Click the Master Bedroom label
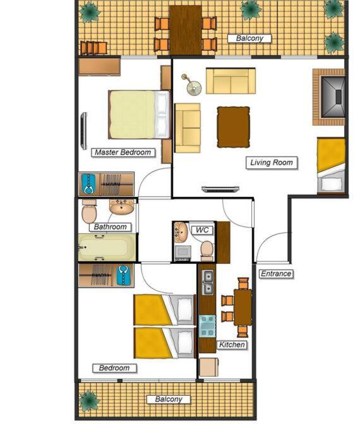tap(123, 152)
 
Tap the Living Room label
tap(272, 162)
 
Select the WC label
tap(202, 230)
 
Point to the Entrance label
tap(276, 274)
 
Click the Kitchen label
tap(232, 345)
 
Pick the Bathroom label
tap(111, 227)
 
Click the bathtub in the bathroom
tap(107, 247)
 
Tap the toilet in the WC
tap(207, 251)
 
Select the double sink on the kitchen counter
tap(208, 282)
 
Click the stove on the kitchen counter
tap(207, 326)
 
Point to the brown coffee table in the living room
tap(234, 127)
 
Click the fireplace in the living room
tap(329, 97)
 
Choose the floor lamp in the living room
tap(192, 85)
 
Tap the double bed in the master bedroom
tap(139, 115)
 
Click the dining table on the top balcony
tap(185, 30)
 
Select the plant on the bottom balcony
tap(89, 400)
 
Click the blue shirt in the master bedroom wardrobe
tap(89, 184)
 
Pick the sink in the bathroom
tap(121, 207)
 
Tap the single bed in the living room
tap(331, 166)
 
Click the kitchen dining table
tap(243, 307)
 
